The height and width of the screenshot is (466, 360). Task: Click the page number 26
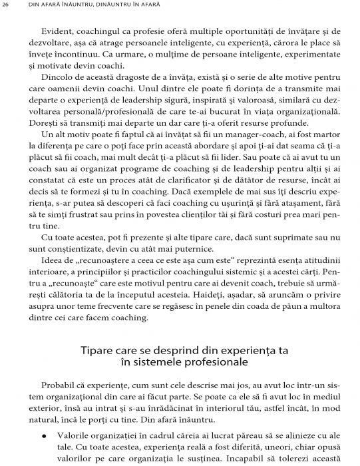point(6,7)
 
